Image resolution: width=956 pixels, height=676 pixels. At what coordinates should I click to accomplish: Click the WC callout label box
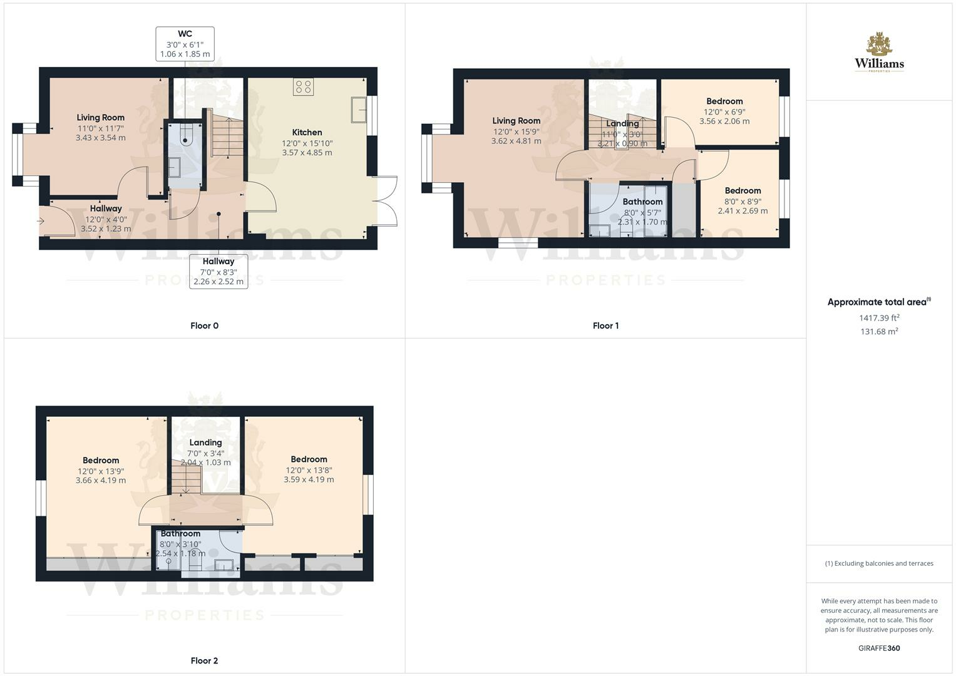(x=185, y=44)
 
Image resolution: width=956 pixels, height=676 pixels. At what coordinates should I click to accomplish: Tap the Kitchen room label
(x=307, y=132)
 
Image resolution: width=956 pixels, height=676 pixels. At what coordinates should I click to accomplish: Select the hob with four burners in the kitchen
(x=304, y=86)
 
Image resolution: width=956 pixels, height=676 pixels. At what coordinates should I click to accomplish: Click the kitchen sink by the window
(x=359, y=110)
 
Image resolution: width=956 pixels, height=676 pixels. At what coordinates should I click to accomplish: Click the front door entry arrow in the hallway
(x=41, y=221)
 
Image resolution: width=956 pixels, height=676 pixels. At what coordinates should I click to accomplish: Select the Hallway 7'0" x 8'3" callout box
(x=218, y=272)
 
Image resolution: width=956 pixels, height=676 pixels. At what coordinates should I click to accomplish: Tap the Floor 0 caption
(x=205, y=325)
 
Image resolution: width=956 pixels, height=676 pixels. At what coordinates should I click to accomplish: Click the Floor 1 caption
(x=605, y=325)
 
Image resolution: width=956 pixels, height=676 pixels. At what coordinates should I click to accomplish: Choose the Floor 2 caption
(x=205, y=660)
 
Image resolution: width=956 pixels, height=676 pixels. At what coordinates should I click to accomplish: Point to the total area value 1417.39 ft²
(x=879, y=317)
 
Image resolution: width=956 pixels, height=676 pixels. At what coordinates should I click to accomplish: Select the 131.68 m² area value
(x=879, y=331)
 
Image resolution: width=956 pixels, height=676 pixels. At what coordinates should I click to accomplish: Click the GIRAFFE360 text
(x=879, y=648)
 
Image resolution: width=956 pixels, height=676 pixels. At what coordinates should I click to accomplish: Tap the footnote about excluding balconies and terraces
(x=879, y=563)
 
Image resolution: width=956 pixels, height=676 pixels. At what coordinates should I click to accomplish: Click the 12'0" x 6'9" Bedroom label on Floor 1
(x=724, y=111)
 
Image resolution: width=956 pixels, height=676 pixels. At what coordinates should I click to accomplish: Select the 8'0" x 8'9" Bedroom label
(x=743, y=200)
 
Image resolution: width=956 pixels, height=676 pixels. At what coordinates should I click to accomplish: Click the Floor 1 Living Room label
(x=516, y=131)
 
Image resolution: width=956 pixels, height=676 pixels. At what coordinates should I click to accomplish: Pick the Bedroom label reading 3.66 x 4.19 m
(x=101, y=470)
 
